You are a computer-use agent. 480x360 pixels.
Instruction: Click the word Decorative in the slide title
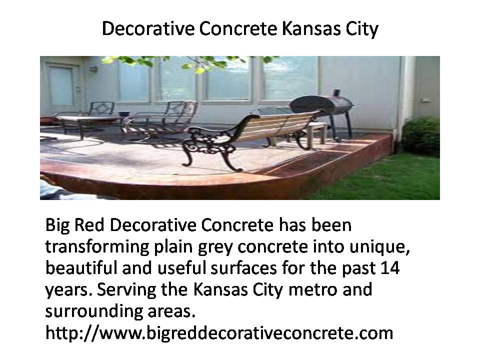pyautogui.click(x=148, y=28)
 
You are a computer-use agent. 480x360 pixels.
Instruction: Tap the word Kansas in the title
pyautogui.click(x=311, y=28)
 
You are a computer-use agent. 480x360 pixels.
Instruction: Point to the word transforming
pyautogui.click(x=97, y=247)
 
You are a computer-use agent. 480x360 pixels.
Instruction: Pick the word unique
pyautogui.click(x=379, y=247)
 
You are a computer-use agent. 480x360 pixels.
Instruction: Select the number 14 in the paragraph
pyautogui.click(x=390, y=268)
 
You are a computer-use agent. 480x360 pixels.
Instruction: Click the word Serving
pyautogui.click(x=126, y=290)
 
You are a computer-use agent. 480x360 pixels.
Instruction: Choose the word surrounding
pyautogui.click(x=93, y=311)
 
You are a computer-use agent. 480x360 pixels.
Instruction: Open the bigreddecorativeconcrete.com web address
pyautogui.click(x=219, y=333)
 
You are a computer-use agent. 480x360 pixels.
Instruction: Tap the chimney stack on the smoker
pyautogui.click(x=336, y=93)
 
